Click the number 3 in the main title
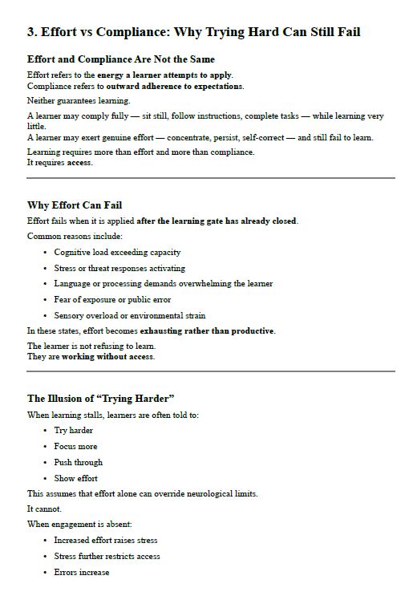point(31,32)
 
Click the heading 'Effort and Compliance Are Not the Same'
point(121,59)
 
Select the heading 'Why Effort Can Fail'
point(75,205)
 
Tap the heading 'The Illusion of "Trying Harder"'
point(101,399)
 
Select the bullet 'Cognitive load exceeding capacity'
point(117,252)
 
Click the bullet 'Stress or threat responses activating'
point(119,268)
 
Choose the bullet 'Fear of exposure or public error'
point(112,299)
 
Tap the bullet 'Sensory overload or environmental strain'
point(129,315)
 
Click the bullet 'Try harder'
point(73,431)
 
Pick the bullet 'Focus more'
point(75,446)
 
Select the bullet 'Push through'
point(78,462)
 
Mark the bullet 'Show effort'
point(76,478)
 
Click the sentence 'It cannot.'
point(43,509)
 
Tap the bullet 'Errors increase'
point(82,572)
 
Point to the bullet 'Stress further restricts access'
point(107,556)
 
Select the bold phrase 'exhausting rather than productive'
point(207,330)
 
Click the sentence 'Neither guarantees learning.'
point(79,100)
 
